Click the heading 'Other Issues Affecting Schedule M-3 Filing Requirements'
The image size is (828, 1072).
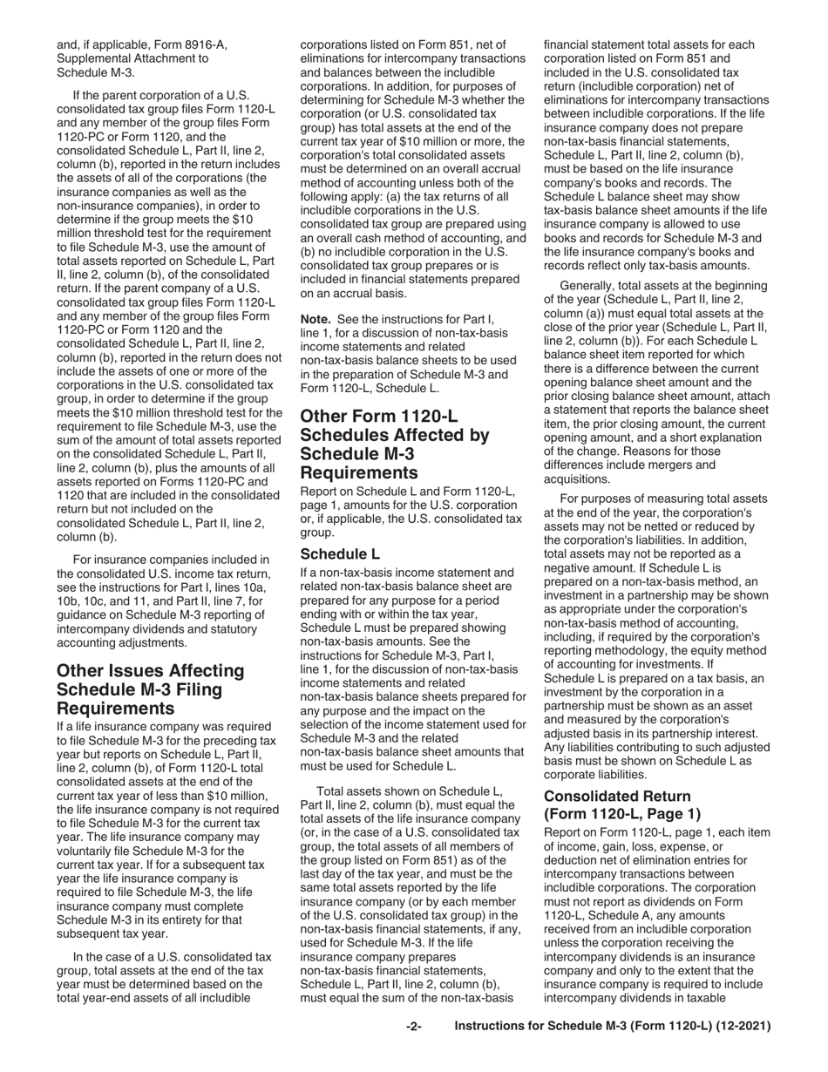tap(150, 689)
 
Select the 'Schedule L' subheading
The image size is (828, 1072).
tap(340, 553)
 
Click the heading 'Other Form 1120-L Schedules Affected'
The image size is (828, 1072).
tap(394, 444)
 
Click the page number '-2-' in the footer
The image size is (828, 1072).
tap(414, 1027)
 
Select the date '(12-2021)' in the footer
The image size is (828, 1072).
tap(738, 1027)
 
